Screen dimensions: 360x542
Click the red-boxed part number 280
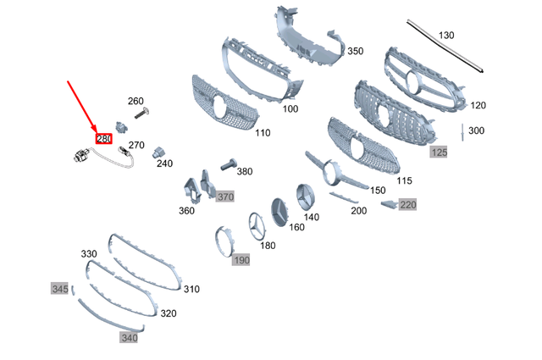pyautogui.click(x=104, y=139)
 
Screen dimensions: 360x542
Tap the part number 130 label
pyautogui.click(x=445, y=35)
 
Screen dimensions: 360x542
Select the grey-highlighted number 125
pyautogui.click(x=439, y=152)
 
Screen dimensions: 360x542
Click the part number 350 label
pyautogui.click(x=355, y=52)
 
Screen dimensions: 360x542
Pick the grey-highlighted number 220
pyautogui.click(x=408, y=204)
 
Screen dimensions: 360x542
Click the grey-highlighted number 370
pyautogui.click(x=224, y=197)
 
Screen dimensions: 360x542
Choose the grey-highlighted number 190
pyautogui.click(x=242, y=259)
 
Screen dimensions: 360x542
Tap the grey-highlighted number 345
pyautogui.click(x=59, y=289)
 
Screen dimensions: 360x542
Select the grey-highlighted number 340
pyautogui.click(x=129, y=337)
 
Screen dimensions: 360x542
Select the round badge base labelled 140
pyautogui.click(x=306, y=196)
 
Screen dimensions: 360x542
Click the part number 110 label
pyautogui.click(x=263, y=133)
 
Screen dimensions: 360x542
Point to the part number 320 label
pyautogui.click(x=169, y=313)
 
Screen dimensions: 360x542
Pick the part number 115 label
pyautogui.click(x=404, y=181)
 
